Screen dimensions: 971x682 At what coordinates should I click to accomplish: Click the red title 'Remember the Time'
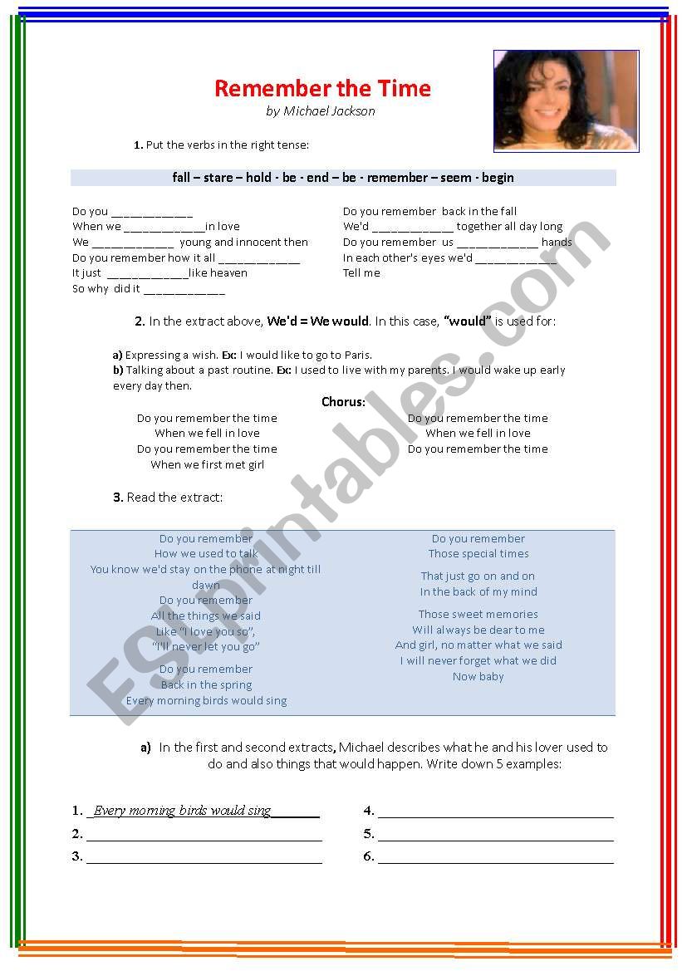pyautogui.click(x=322, y=88)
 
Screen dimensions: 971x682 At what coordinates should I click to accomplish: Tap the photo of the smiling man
pyautogui.click(x=566, y=101)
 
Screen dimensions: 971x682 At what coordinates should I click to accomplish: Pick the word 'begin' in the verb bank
pyautogui.click(x=497, y=178)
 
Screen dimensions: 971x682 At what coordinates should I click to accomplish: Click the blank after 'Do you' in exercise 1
pyautogui.click(x=152, y=213)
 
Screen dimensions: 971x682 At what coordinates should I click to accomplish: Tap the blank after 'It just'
pyautogui.click(x=147, y=274)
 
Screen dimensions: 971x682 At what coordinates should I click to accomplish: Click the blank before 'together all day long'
pyautogui.click(x=412, y=228)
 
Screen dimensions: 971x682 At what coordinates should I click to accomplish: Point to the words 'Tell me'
pyautogui.click(x=361, y=273)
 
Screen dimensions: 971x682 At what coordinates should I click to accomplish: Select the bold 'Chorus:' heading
pyautogui.click(x=343, y=402)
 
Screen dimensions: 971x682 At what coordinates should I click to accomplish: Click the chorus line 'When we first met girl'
pyautogui.click(x=207, y=465)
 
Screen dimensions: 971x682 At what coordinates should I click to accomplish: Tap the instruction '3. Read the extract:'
pyautogui.click(x=168, y=498)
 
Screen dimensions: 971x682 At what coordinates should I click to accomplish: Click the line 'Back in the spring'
pyautogui.click(x=206, y=685)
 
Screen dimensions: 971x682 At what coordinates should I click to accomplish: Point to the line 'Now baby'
pyautogui.click(x=478, y=677)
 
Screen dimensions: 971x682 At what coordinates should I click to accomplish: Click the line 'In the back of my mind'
pyautogui.click(x=478, y=592)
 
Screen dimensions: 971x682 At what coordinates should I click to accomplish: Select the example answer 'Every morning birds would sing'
pyautogui.click(x=182, y=811)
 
